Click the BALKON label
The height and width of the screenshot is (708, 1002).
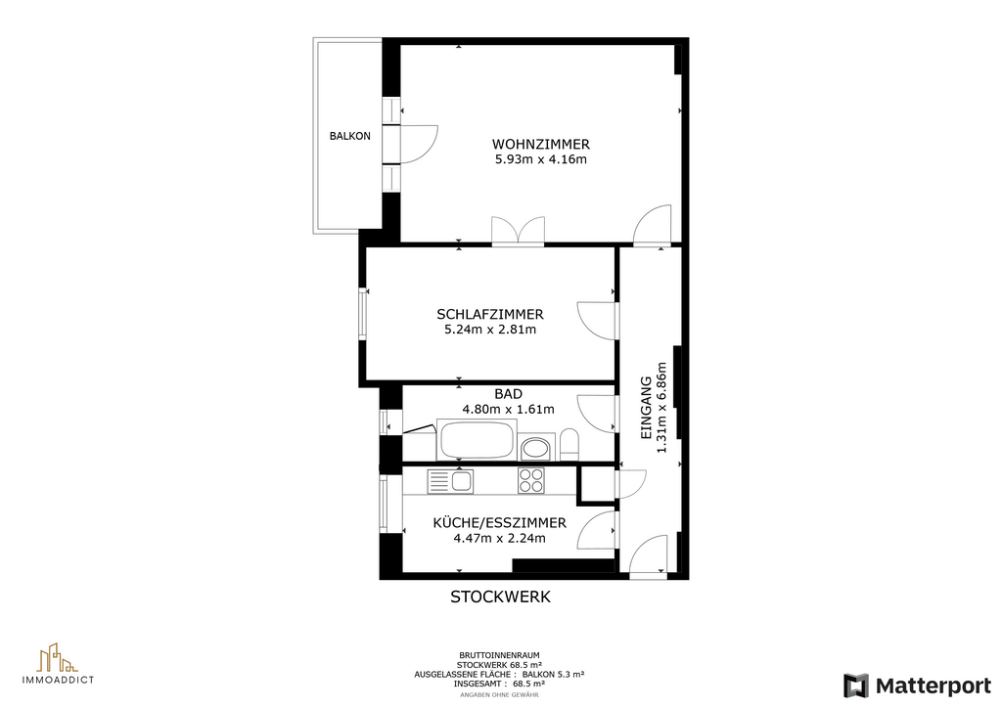pos(349,136)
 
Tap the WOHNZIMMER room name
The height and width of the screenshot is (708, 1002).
pos(540,145)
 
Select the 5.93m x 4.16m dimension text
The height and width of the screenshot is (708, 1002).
pos(540,159)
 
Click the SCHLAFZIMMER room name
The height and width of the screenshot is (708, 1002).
pos(490,314)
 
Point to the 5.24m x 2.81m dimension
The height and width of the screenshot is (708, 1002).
pos(490,330)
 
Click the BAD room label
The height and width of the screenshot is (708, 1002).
pos(508,394)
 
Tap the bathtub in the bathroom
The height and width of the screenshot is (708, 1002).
pos(477,439)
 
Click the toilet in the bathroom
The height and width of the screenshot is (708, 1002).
pos(569,444)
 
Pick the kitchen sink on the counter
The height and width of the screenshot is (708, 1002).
pos(450,481)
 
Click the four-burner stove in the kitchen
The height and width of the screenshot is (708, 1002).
pos(531,481)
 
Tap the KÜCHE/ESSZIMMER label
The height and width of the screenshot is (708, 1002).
pos(500,523)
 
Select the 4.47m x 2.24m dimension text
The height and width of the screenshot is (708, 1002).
pos(500,538)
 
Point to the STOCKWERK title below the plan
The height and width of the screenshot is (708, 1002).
pos(500,597)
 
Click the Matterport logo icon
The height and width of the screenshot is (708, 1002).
pos(856,686)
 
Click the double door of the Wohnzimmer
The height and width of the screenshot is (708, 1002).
pos(519,231)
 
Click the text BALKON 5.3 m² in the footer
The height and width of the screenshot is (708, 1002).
pos(554,674)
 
